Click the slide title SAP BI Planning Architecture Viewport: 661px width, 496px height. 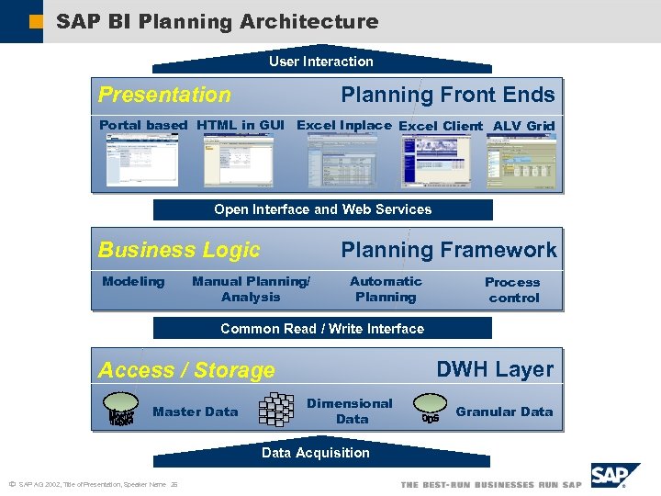click(217, 21)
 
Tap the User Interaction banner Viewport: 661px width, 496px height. click(321, 62)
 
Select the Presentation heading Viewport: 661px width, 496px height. click(164, 95)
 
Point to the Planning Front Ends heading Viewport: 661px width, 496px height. click(448, 95)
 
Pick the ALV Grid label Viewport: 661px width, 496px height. click(523, 126)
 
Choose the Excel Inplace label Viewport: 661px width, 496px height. click(344, 125)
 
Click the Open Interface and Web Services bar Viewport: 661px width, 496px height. click(322, 209)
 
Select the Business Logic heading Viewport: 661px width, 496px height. click(179, 250)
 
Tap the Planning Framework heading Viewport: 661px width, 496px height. click(449, 250)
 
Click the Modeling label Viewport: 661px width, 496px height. click(133, 281)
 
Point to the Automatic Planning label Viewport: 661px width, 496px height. click(386, 289)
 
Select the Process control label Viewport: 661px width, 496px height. click(512, 290)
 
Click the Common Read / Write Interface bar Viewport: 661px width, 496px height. click(322, 329)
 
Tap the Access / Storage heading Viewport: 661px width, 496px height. click(186, 370)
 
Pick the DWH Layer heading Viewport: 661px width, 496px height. click(495, 369)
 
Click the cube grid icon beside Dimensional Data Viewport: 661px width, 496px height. click(275, 411)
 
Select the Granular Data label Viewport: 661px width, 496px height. click(504, 411)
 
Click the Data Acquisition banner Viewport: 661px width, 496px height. click(316, 453)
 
